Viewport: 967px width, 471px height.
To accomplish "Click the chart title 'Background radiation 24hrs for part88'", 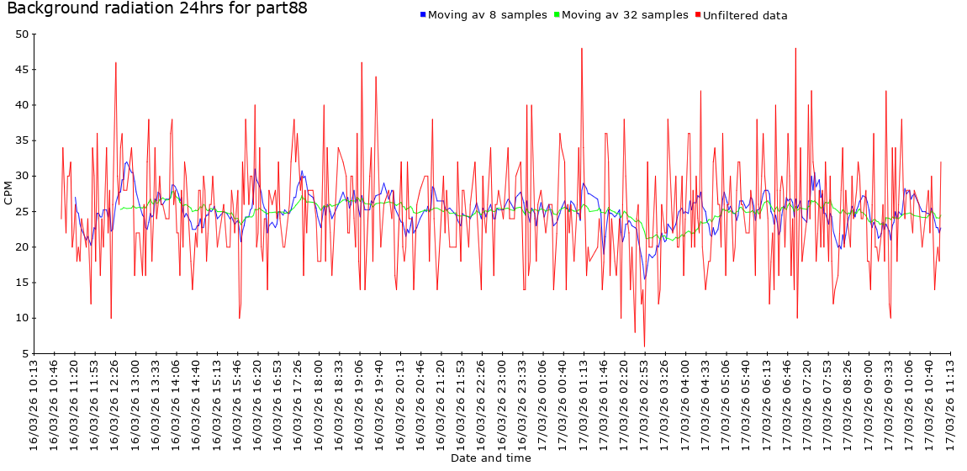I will click(156, 9).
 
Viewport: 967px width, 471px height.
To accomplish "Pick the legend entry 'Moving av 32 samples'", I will click(625, 15).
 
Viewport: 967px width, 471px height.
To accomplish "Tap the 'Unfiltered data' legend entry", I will click(744, 15).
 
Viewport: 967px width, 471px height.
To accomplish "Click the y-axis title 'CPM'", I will click(8, 193).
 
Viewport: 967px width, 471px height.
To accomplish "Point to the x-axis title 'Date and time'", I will click(490, 458).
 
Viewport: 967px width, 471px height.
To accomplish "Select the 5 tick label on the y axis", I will click(25, 353).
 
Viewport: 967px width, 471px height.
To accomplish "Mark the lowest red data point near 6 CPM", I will click(645, 346).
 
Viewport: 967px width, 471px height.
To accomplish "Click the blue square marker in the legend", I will click(423, 15).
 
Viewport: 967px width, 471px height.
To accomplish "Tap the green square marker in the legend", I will click(557, 15).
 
